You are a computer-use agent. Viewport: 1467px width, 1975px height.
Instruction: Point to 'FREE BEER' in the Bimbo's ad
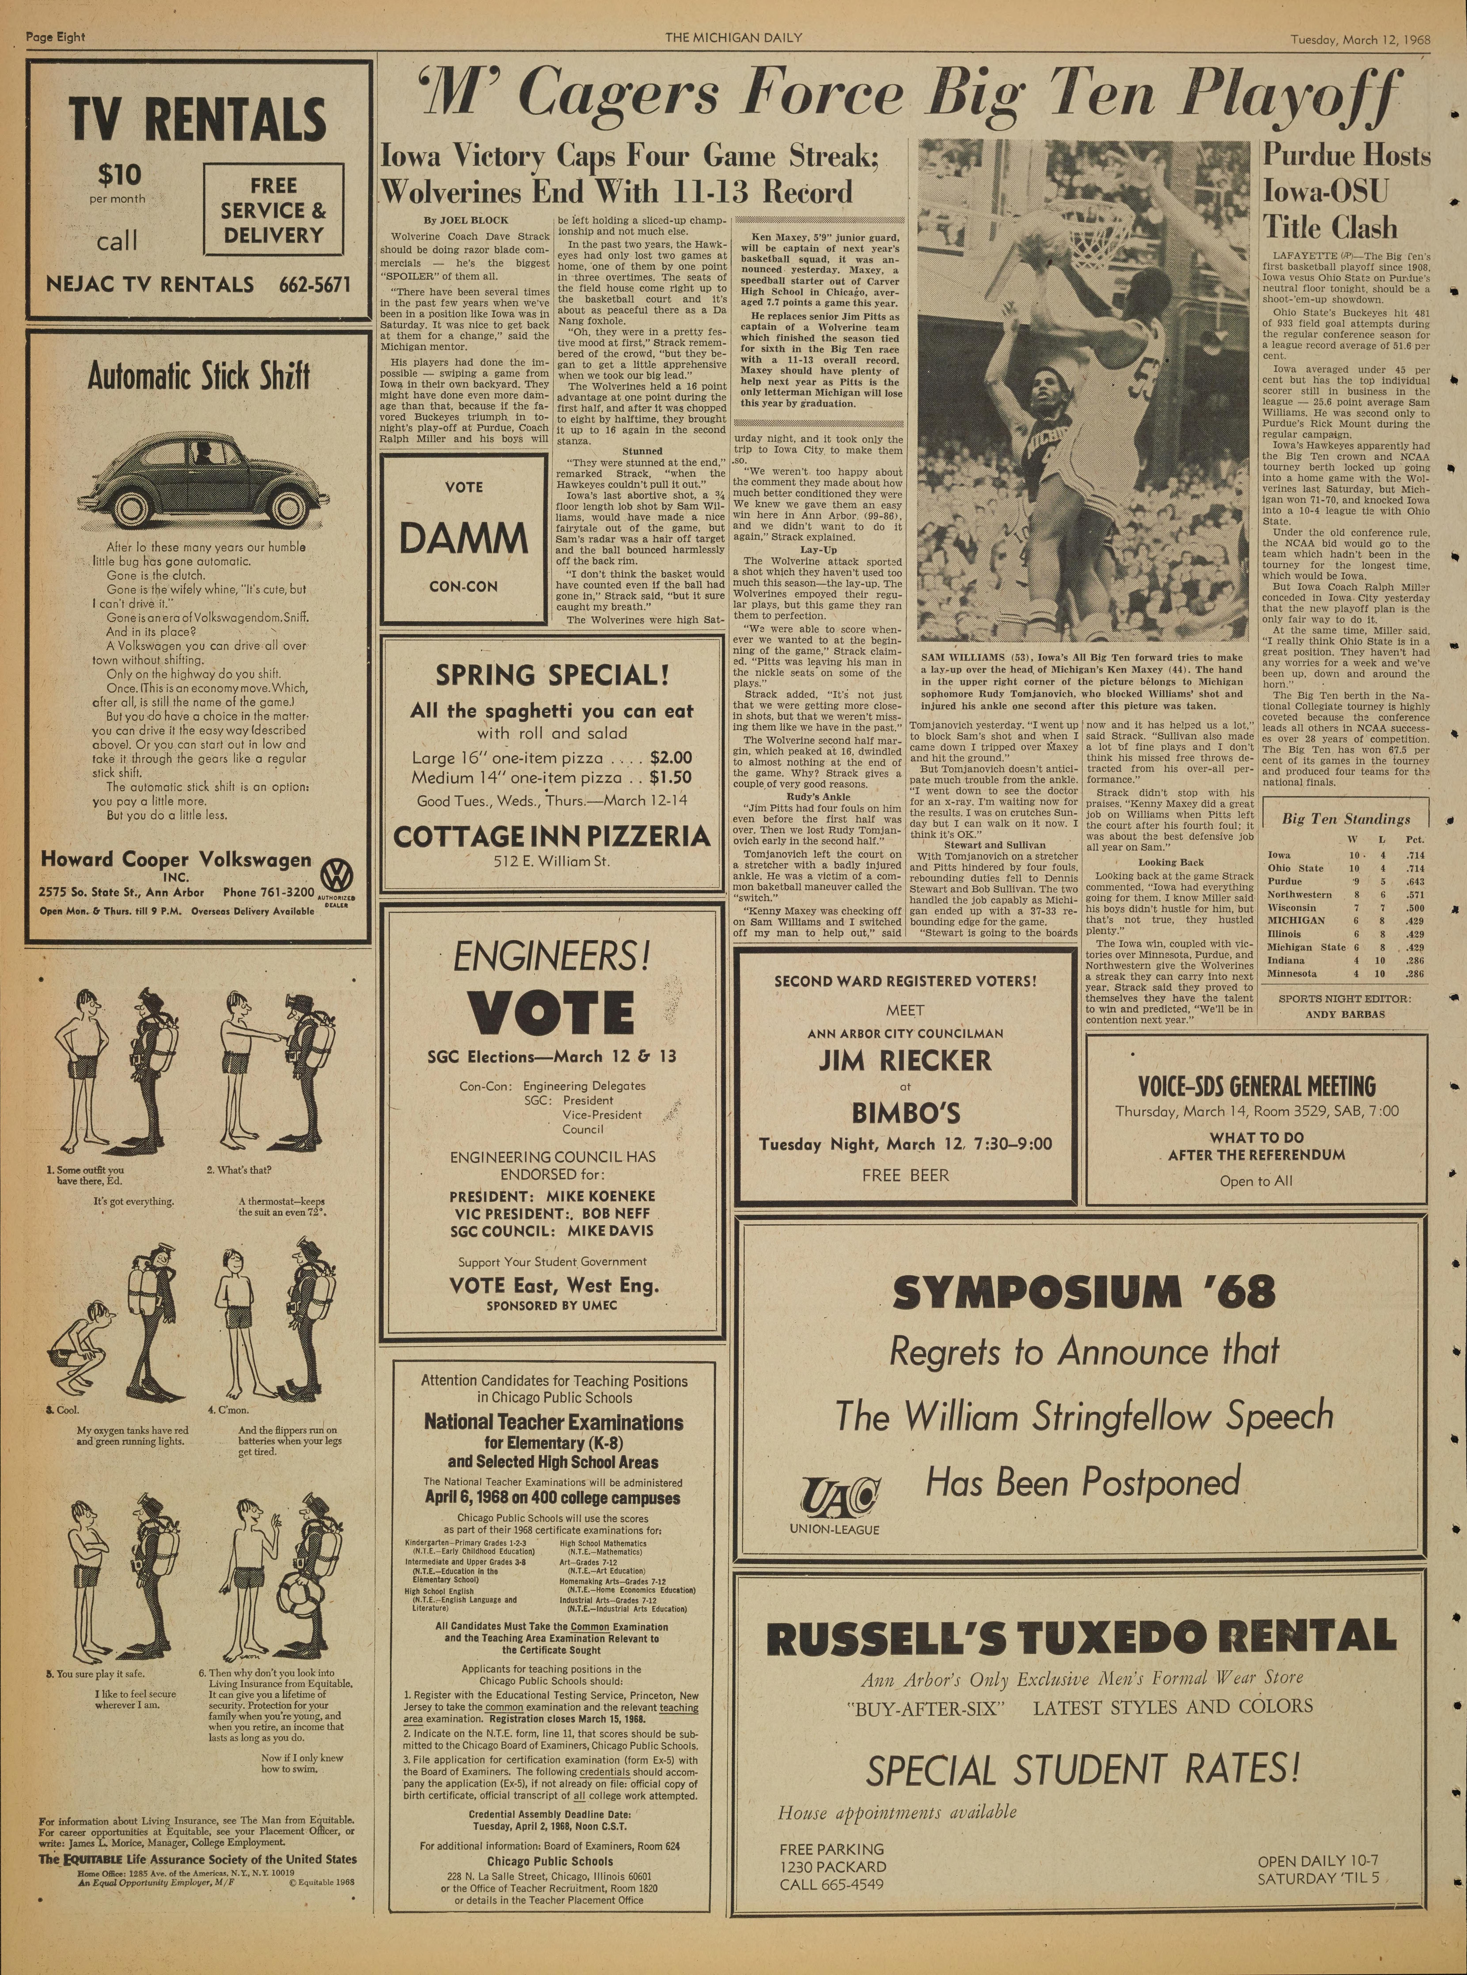pos(905,1175)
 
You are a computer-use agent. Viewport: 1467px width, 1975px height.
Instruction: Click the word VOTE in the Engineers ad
pos(550,1013)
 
